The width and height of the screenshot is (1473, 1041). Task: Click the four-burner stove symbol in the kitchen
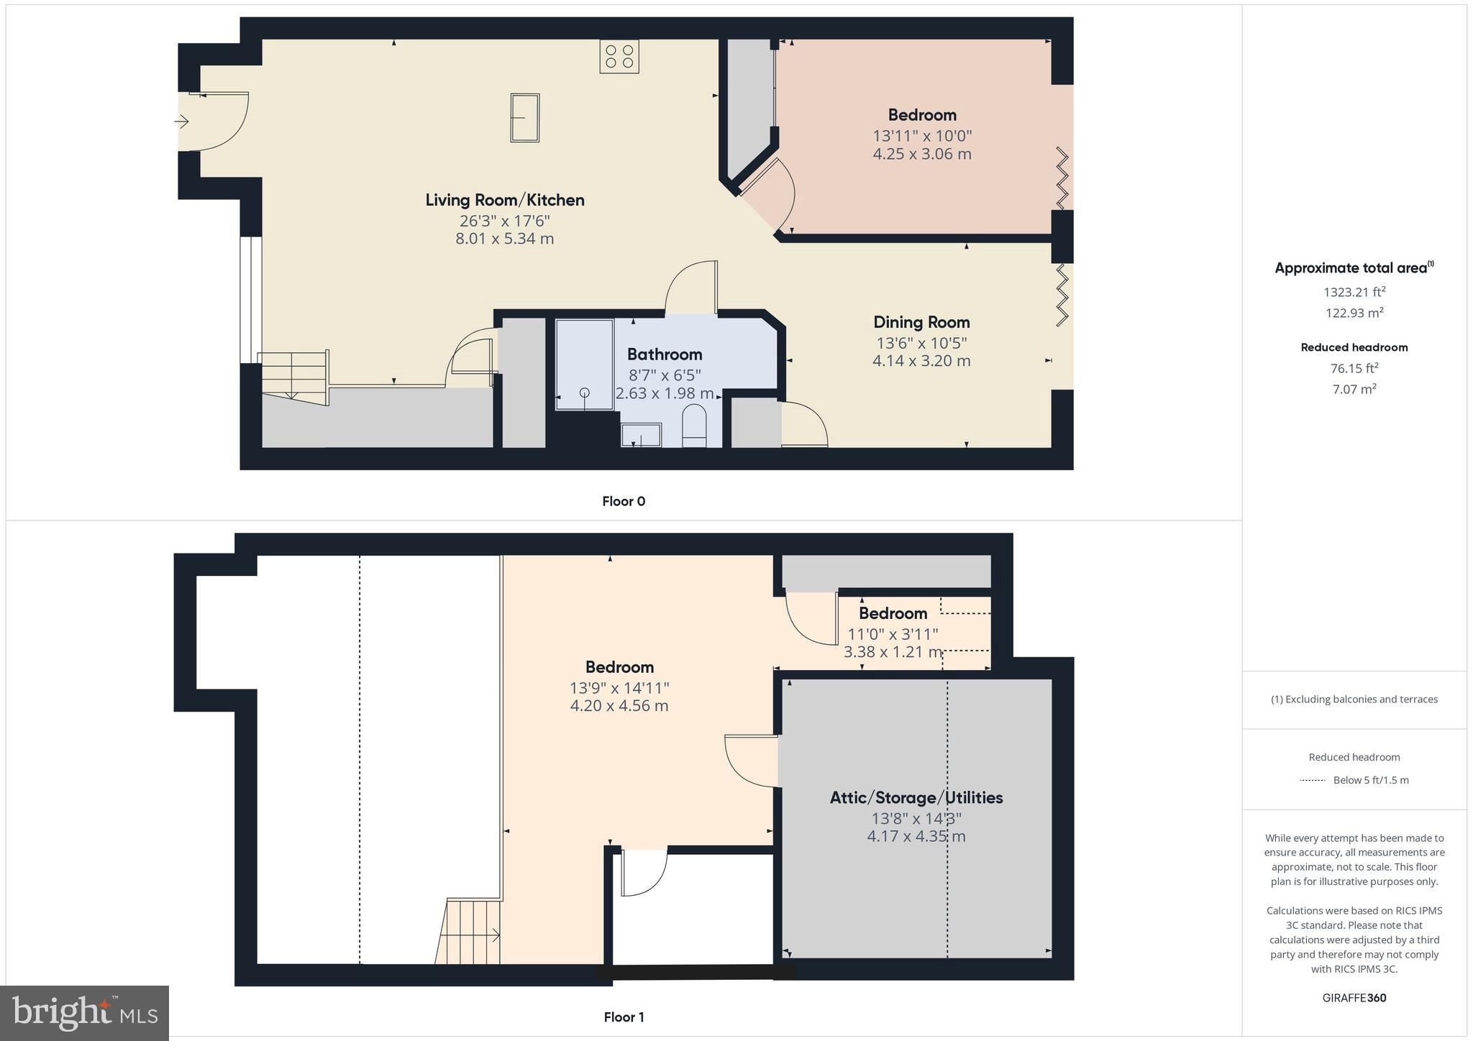pyautogui.click(x=619, y=57)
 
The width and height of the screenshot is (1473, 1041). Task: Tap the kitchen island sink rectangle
pyautogui.click(x=525, y=118)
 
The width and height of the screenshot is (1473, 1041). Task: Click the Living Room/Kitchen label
pyautogui.click(x=504, y=200)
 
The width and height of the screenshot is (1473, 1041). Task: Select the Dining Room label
pyautogui.click(x=921, y=322)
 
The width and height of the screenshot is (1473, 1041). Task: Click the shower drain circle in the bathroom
pyautogui.click(x=585, y=392)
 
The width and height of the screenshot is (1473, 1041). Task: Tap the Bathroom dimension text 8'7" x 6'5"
pyautogui.click(x=664, y=375)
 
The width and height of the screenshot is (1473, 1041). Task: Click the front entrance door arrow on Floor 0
pyautogui.click(x=181, y=122)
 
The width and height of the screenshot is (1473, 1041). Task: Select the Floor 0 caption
pyautogui.click(x=624, y=501)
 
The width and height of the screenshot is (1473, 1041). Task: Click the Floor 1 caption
pyautogui.click(x=624, y=1017)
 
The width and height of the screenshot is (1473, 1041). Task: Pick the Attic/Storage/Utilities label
pyautogui.click(x=916, y=797)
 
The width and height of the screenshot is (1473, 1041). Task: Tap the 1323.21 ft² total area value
pyautogui.click(x=1354, y=292)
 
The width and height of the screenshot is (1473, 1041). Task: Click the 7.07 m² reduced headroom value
pyautogui.click(x=1354, y=389)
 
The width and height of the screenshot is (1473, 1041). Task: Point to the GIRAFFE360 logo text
pyautogui.click(x=1354, y=998)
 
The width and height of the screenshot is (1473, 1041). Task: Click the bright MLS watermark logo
pyautogui.click(x=85, y=1012)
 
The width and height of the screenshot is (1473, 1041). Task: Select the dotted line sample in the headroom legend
pyautogui.click(x=1313, y=780)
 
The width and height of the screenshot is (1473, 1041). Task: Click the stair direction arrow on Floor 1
pyautogui.click(x=495, y=935)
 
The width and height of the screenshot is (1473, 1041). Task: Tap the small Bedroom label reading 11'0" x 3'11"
pyautogui.click(x=893, y=633)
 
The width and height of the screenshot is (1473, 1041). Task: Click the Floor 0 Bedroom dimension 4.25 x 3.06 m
pyautogui.click(x=922, y=154)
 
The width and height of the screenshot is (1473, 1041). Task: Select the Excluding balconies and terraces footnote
pyautogui.click(x=1354, y=699)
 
